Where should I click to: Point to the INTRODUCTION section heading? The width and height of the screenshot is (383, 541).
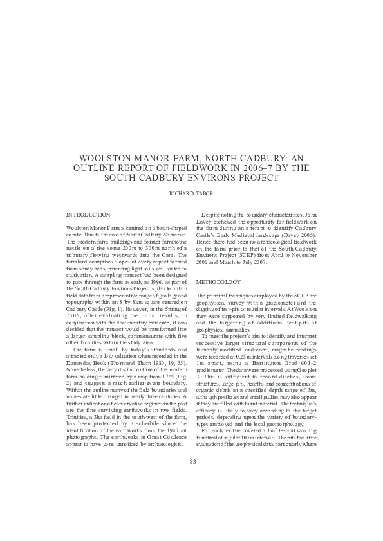pos(89,214)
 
